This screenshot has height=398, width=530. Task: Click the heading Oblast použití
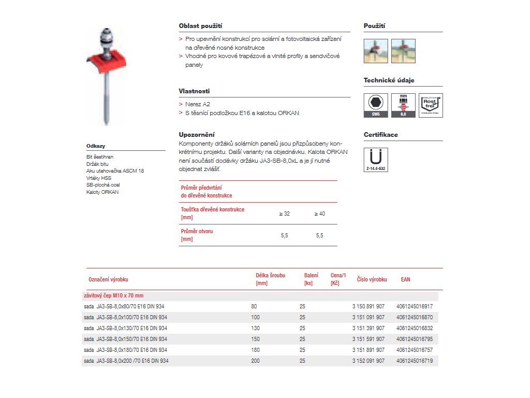tap(201, 26)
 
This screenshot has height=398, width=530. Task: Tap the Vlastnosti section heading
tap(194, 91)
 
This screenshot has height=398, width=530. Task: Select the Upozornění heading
tap(197, 135)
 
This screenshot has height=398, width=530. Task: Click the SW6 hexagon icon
tap(376, 105)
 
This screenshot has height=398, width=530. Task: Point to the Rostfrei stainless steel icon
tap(431, 105)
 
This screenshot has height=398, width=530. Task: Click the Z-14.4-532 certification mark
tap(376, 160)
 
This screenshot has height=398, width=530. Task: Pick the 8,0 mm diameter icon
tap(403, 105)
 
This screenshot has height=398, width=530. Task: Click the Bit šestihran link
tap(100, 157)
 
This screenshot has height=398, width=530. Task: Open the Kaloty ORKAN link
tap(102, 192)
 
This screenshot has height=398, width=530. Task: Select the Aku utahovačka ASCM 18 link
tap(115, 171)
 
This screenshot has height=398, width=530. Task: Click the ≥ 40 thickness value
tap(319, 214)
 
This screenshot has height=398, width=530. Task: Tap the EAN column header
tap(405, 279)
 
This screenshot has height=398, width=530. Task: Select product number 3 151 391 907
tap(368, 328)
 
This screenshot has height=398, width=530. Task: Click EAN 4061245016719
tap(414, 361)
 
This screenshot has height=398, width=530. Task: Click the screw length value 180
tap(255, 350)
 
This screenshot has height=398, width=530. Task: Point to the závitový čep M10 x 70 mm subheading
tap(113, 296)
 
